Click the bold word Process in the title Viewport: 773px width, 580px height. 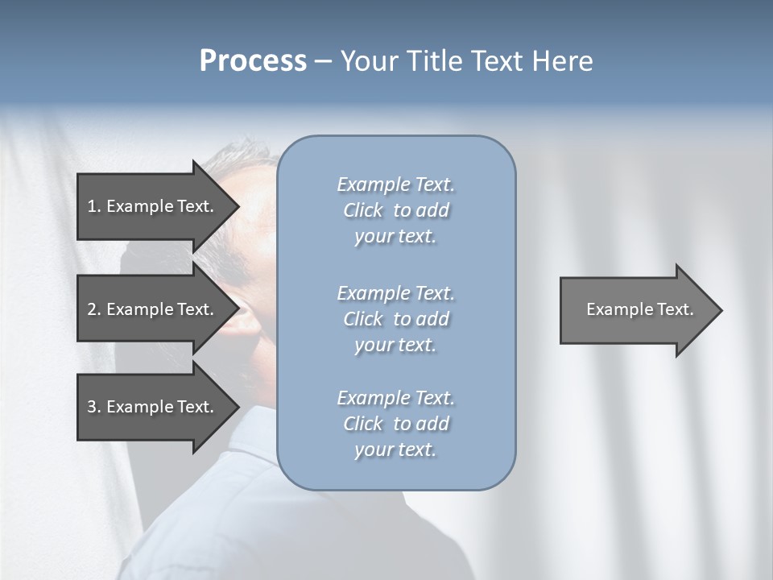pos(253,61)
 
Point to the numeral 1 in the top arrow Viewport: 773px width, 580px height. pos(92,206)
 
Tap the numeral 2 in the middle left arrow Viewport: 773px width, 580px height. pos(93,309)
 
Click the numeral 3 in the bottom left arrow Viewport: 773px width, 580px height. pos(93,407)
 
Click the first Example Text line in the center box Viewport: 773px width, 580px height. pos(395,184)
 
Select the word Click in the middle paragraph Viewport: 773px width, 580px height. pos(362,319)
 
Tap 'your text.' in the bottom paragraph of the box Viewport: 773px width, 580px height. pos(395,449)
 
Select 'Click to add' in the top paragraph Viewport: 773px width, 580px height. pos(395,210)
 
